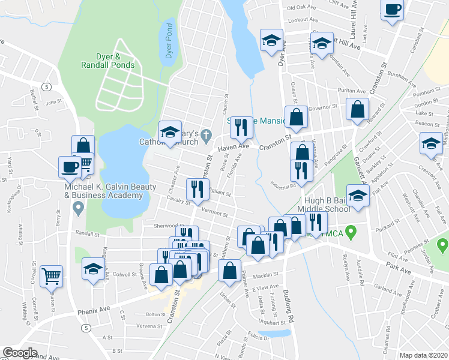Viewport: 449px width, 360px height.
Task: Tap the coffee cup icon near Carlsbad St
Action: point(393,10)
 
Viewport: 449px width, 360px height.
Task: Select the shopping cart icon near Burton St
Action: point(52,276)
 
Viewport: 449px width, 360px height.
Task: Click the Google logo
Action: point(20,353)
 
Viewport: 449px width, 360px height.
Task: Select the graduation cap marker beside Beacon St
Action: point(431,145)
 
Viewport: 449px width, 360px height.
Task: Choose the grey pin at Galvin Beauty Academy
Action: point(77,208)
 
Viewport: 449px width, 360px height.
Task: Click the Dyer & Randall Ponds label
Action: point(108,61)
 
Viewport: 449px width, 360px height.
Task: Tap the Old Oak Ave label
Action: point(301,8)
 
